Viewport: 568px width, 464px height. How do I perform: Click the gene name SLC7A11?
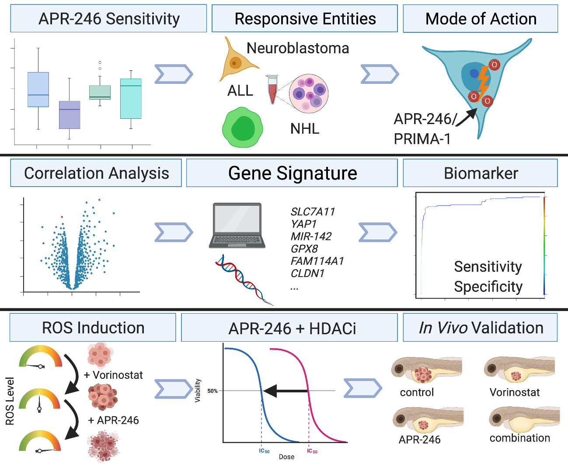(x=313, y=212)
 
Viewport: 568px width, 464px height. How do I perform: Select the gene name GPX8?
(x=304, y=249)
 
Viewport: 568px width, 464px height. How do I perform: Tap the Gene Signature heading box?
(x=292, y=173)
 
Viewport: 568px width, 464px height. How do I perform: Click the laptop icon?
(x=237, y=225)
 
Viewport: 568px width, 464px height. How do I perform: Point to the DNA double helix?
(x=244, y=280)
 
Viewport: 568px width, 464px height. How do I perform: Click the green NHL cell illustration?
(x=243, y=127)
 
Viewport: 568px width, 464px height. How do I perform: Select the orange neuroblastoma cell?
(x=237, y=60)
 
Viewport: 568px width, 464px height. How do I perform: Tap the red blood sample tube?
(x=272, y=90)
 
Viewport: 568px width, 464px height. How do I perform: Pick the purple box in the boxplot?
(x=70, y=115)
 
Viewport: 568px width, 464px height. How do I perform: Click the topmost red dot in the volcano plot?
(x=99, y=200)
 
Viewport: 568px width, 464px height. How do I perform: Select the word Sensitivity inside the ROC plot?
(x=488, y=267)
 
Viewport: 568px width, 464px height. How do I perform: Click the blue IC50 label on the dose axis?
(x=264, y=451)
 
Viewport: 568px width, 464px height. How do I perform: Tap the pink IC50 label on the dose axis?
(x=312, y=451)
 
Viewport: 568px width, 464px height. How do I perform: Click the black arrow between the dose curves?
(x=286, y=391)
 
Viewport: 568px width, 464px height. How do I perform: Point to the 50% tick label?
(x=212, y=391)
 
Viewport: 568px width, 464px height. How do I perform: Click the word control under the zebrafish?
(x=417, y=392)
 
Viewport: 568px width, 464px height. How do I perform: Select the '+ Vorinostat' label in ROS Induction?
(x=113, y=375)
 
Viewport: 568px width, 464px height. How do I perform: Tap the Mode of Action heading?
(x=481, y=19)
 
